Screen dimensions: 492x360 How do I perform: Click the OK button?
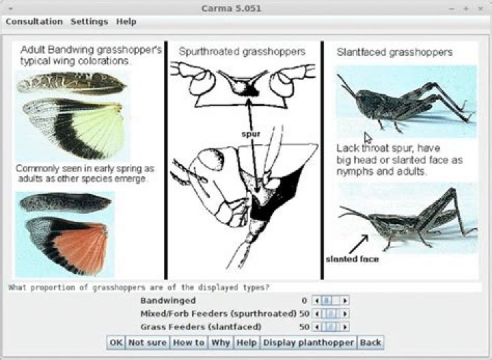[115, 342]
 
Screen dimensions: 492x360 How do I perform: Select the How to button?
[189, 342]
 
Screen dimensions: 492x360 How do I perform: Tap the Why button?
[221, 342]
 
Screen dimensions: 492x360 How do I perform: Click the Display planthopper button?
[308, 342]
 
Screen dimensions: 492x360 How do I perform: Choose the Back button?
[370, 342]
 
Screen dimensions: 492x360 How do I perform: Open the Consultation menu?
[34, 22]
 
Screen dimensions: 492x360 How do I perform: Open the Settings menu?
[89, 22]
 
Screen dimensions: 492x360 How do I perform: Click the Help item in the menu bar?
[126, 22]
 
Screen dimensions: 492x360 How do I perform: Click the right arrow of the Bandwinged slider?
[345, 301]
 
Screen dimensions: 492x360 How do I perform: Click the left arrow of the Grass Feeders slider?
[316, 327]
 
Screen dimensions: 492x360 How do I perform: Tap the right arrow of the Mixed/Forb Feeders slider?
[345, 314]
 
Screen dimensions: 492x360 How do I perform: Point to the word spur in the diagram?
[251, 134]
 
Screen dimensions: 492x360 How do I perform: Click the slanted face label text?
[352, 259]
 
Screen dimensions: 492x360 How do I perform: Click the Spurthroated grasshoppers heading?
[242, 52]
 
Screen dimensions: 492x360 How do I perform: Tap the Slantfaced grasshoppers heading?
[394, 52]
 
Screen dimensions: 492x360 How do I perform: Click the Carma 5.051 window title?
[231, 8]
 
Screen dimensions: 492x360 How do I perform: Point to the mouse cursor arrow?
[368, 138]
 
